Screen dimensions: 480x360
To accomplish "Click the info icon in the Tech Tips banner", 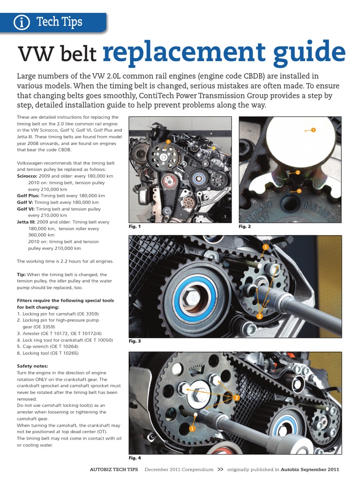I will click(21, 22).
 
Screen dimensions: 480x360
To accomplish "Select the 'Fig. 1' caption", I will click(135, 226).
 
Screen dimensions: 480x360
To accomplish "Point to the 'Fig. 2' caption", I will click(245, 226).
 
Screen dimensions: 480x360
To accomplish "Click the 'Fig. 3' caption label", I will click(135, 341).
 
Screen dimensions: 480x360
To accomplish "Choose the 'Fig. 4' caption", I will click(135, 457).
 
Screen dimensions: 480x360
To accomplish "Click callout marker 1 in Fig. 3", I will click(265, 247).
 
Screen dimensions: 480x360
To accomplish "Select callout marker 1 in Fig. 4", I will click(192, 429).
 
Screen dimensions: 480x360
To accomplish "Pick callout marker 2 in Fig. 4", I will click(237, 398).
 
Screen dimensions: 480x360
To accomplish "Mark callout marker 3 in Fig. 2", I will click(299, 191).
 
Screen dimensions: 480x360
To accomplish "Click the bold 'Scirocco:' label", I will click(27, 176).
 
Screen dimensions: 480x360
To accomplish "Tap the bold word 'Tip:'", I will click(22, 274).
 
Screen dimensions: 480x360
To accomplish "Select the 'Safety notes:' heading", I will click(32, 366).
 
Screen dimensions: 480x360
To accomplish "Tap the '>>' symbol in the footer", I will click(221, 469).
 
